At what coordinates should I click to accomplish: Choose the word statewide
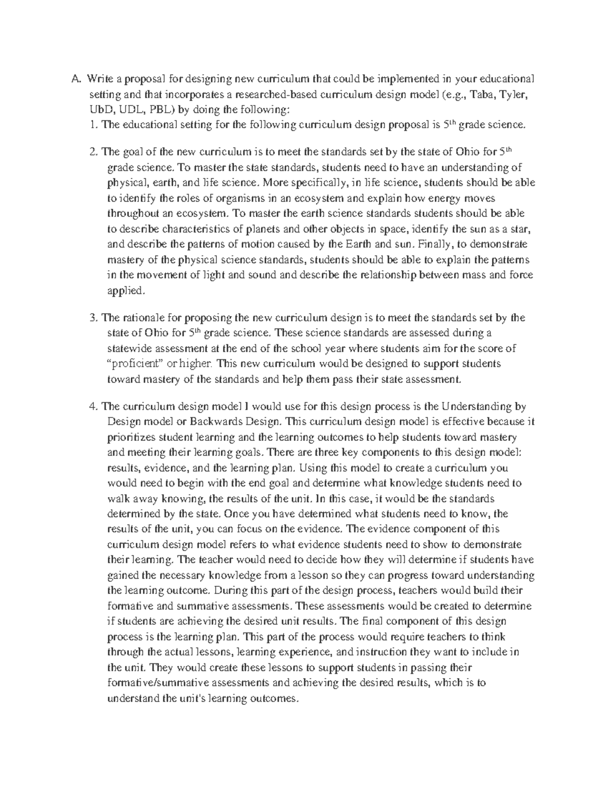[129, 348]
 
